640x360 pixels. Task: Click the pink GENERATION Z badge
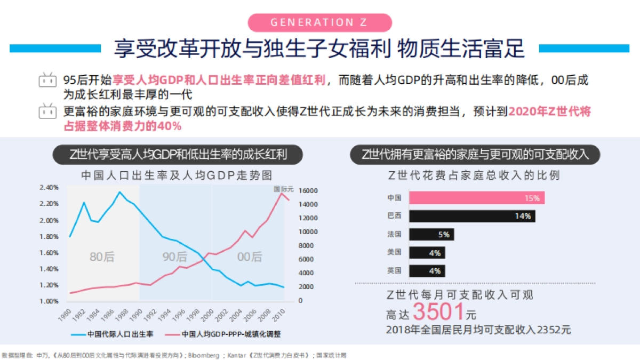(320, 22)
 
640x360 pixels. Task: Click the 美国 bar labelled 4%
(427, 252)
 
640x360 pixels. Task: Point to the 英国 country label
(394, 270)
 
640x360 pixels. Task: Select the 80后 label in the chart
(102, 257)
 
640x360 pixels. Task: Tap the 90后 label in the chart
(175, 257)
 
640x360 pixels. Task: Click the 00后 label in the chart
(249, 257)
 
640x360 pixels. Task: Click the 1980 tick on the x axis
(66, 313)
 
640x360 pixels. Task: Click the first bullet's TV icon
(47, 81)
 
